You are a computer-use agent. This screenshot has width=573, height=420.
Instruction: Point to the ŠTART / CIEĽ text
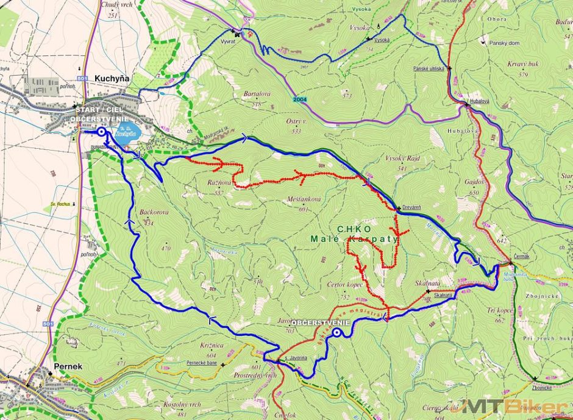98,110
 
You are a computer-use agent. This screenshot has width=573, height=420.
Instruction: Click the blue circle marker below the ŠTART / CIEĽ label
101,131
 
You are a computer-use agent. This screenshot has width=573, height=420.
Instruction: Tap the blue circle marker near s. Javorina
336,332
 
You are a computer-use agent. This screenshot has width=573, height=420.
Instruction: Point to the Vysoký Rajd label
402,158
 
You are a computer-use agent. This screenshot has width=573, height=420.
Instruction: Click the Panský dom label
504,43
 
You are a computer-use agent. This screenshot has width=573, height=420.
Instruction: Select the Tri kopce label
500,310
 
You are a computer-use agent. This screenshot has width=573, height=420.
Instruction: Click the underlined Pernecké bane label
202,363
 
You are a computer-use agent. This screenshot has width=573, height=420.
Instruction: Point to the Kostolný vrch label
182,405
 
